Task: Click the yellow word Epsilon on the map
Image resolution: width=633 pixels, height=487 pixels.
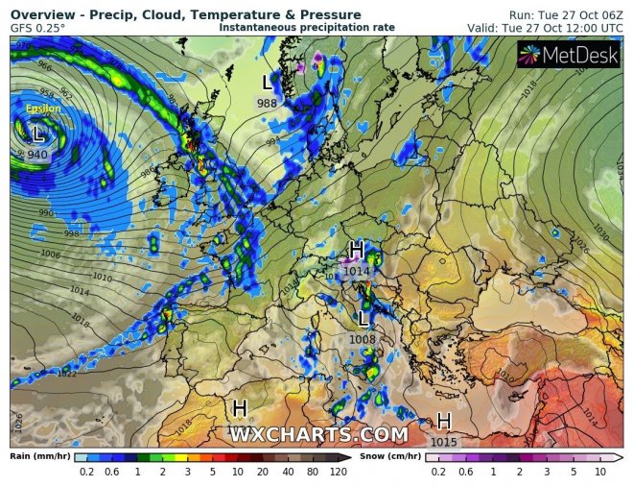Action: (43, 109)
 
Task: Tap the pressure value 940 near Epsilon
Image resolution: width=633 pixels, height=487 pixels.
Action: (37, 154)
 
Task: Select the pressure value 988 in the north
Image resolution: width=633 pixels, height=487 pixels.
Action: (267, 103)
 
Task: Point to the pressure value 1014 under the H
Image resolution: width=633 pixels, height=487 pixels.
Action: (357, 272)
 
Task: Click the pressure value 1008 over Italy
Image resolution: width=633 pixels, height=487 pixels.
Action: (363, 337)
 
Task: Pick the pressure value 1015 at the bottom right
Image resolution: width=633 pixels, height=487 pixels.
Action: (444, 441)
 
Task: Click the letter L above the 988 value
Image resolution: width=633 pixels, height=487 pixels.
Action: (267, 84)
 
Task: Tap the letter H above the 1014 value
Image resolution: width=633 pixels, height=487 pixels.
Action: (356, 251)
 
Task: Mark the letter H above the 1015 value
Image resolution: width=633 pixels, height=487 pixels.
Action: (444, 422)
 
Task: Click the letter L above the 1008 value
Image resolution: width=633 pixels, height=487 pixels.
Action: (363, 318)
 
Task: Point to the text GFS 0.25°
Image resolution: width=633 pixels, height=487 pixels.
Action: (37, 28)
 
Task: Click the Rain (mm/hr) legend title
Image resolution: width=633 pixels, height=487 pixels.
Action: (37, 456)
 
